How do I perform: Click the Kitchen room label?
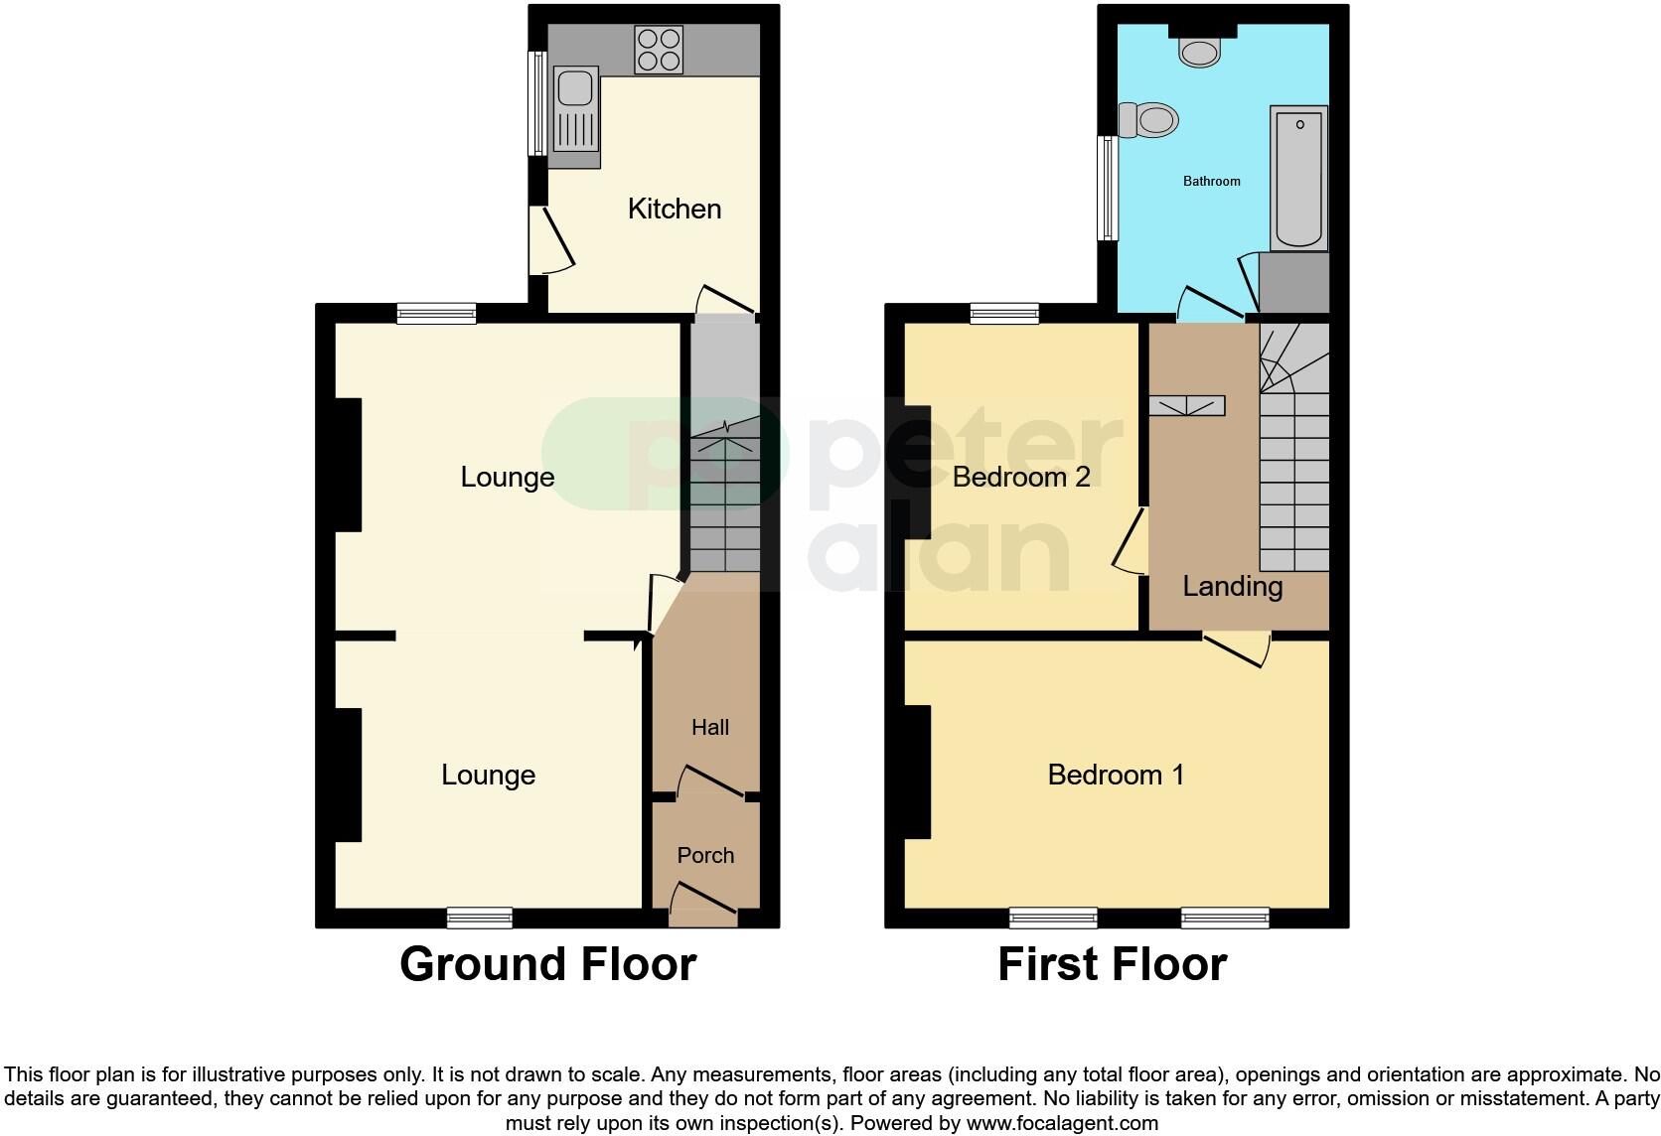click(x=675, y=209)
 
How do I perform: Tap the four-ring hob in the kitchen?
click(x=660, y=50)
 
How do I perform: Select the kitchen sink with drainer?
click(x=575, y=116)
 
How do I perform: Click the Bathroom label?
click(x=1211, y=181)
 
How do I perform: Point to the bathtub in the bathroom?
click(x=1298, y=178)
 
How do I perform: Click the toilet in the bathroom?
click(x=1148, y=121)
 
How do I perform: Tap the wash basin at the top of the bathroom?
click(x=1200, y=48)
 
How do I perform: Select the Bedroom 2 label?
click(x=1021, y=477)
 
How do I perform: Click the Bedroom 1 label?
click(x=1116, y=775)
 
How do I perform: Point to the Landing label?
click(x=1232, y=586)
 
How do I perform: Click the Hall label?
click(x=710, y=727)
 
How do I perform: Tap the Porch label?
click(x=705, y=855)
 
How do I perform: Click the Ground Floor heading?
click(x=547, y=964)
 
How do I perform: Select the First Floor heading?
click(x=1112, y=964)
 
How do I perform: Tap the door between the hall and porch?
click(x=710, y=782)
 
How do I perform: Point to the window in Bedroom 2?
click(x=1004, y=314)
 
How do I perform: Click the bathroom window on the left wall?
click(x=1107, y=188)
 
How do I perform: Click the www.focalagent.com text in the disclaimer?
click(x=1062, y=1123)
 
